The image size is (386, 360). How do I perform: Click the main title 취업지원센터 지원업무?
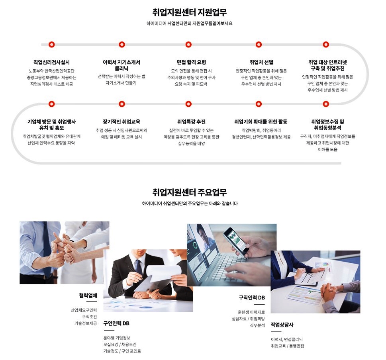coord(189,12)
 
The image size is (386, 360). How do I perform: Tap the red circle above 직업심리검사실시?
coord(51,45)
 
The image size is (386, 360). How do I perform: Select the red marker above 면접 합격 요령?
coord(188,45)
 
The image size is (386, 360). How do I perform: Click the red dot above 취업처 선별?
coord(259,45)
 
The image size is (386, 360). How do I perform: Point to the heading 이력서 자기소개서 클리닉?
coord(121,65)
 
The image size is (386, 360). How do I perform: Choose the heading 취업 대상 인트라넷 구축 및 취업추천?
coord(327,65)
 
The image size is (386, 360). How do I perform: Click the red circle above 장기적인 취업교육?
coord(122,104)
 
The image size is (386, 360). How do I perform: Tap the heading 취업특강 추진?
coord(191,121)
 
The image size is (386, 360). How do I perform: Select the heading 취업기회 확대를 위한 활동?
coord(261,121)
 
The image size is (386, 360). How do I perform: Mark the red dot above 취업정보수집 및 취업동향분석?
coord(326,104)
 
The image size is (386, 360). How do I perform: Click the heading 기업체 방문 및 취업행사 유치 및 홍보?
coord(51,125)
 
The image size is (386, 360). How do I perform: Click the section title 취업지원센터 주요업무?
coord(189,192)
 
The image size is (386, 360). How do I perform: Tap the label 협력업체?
coord(88,295)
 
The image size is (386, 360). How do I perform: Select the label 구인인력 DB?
coord(116,323)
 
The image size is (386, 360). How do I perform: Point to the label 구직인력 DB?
coord(252,298)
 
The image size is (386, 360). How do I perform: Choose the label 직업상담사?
coord(282,325)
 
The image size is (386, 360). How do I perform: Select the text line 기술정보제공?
coord(86,323)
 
